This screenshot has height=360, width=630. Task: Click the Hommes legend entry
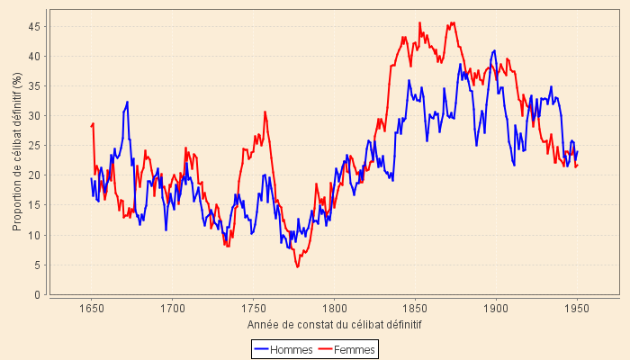[x=283, y=348]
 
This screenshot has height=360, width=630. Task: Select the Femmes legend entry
[x=348, y=348]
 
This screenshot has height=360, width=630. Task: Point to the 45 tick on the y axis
[x=36, y=26]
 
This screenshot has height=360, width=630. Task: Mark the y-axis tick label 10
[x=36, y=235]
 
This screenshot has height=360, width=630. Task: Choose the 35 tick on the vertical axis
[x=36, y=85]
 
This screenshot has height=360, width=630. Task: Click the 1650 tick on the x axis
[x=91, y=307]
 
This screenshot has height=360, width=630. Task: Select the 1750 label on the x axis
[x=253, y=307]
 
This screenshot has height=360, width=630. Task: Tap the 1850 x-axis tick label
[x=415, y=307]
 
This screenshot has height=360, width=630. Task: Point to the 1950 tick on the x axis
[x=577, y=307]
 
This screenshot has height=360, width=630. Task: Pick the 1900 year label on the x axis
[x=496, y=307]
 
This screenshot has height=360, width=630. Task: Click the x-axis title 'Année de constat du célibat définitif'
[x=334, y=324]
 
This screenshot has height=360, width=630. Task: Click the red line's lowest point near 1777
[x=297, y=266]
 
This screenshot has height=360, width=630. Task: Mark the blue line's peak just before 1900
[x=494, y=50]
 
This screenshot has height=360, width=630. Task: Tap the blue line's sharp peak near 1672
[x=128, y=102]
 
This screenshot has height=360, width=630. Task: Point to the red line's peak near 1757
[x=265, y=112]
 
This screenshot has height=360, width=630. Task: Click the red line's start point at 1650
[x=92, y=125]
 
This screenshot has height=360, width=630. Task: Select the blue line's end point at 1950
[x=577, y=151]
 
